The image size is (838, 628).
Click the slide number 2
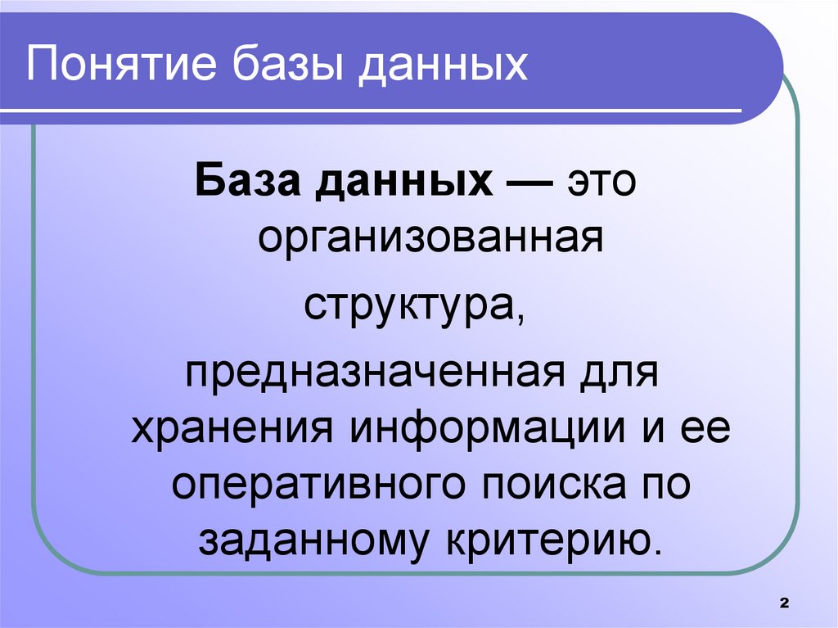click(783, 603)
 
